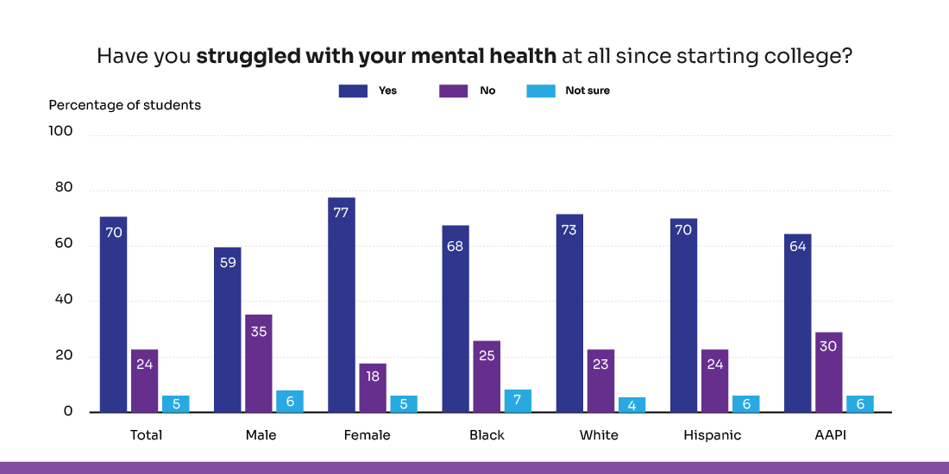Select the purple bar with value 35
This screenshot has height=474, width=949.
(x=258, y=364)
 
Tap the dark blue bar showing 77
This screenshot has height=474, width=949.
(x=341, y=305)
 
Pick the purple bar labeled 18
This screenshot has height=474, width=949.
(x=373, y=388)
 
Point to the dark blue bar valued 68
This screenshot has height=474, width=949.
(x=456, y=319)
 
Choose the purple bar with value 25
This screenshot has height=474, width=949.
(x=487, y=377)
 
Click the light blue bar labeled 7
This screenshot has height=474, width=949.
(x=518, y=401)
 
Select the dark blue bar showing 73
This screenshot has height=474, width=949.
(x=569, y=313)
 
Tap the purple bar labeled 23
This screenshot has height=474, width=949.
(x=600, y=381)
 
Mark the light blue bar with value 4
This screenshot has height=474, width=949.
(x=632, y=404)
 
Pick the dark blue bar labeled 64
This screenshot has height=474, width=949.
(x=798, y=323)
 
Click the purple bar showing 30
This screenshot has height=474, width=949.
(x=829, y=372)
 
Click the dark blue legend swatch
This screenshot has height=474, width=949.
(x=353, y=91)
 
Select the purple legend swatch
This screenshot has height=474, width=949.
(x=454, y=91)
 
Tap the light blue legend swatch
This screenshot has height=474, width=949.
(x=541, y=91)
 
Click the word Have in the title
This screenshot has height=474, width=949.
(x=116, y=57)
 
